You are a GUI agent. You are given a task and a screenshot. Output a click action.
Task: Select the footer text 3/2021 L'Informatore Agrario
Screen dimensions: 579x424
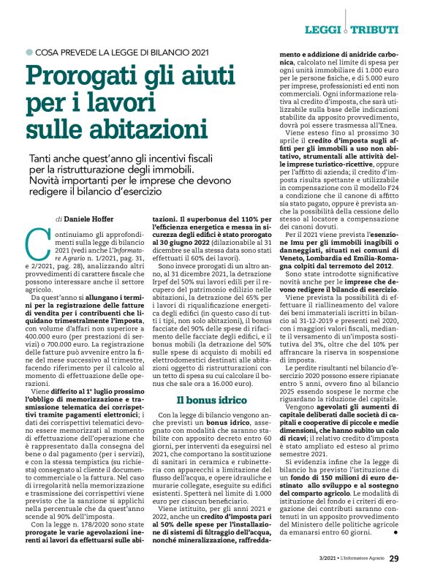349,560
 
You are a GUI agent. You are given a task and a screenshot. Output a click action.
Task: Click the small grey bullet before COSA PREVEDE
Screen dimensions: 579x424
29,51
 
